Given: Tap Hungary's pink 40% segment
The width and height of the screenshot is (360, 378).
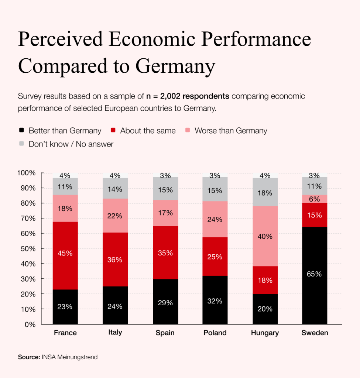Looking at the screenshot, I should point(265,236).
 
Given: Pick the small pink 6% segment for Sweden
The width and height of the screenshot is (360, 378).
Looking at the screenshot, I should point(315,199).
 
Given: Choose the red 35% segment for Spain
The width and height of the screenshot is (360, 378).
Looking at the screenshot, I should point(165,252).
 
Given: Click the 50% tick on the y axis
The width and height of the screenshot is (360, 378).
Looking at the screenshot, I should point(28,249).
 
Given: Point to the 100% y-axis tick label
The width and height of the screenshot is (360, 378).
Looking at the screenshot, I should point(27,173).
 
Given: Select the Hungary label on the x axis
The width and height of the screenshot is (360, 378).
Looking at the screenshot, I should point(265,333).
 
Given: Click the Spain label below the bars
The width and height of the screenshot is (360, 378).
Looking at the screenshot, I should point(165,333).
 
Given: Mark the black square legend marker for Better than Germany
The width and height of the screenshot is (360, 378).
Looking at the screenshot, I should point(22,130).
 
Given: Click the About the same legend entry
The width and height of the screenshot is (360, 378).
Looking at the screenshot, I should point(148,131).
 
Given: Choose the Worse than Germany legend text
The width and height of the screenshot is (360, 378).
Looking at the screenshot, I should point(231,131).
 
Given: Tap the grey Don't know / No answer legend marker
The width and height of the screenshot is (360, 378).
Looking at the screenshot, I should point(22,144).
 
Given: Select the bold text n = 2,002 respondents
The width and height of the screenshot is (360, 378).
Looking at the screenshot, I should point(188,96).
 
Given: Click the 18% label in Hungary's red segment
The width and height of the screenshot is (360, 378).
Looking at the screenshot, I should point(265,280).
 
